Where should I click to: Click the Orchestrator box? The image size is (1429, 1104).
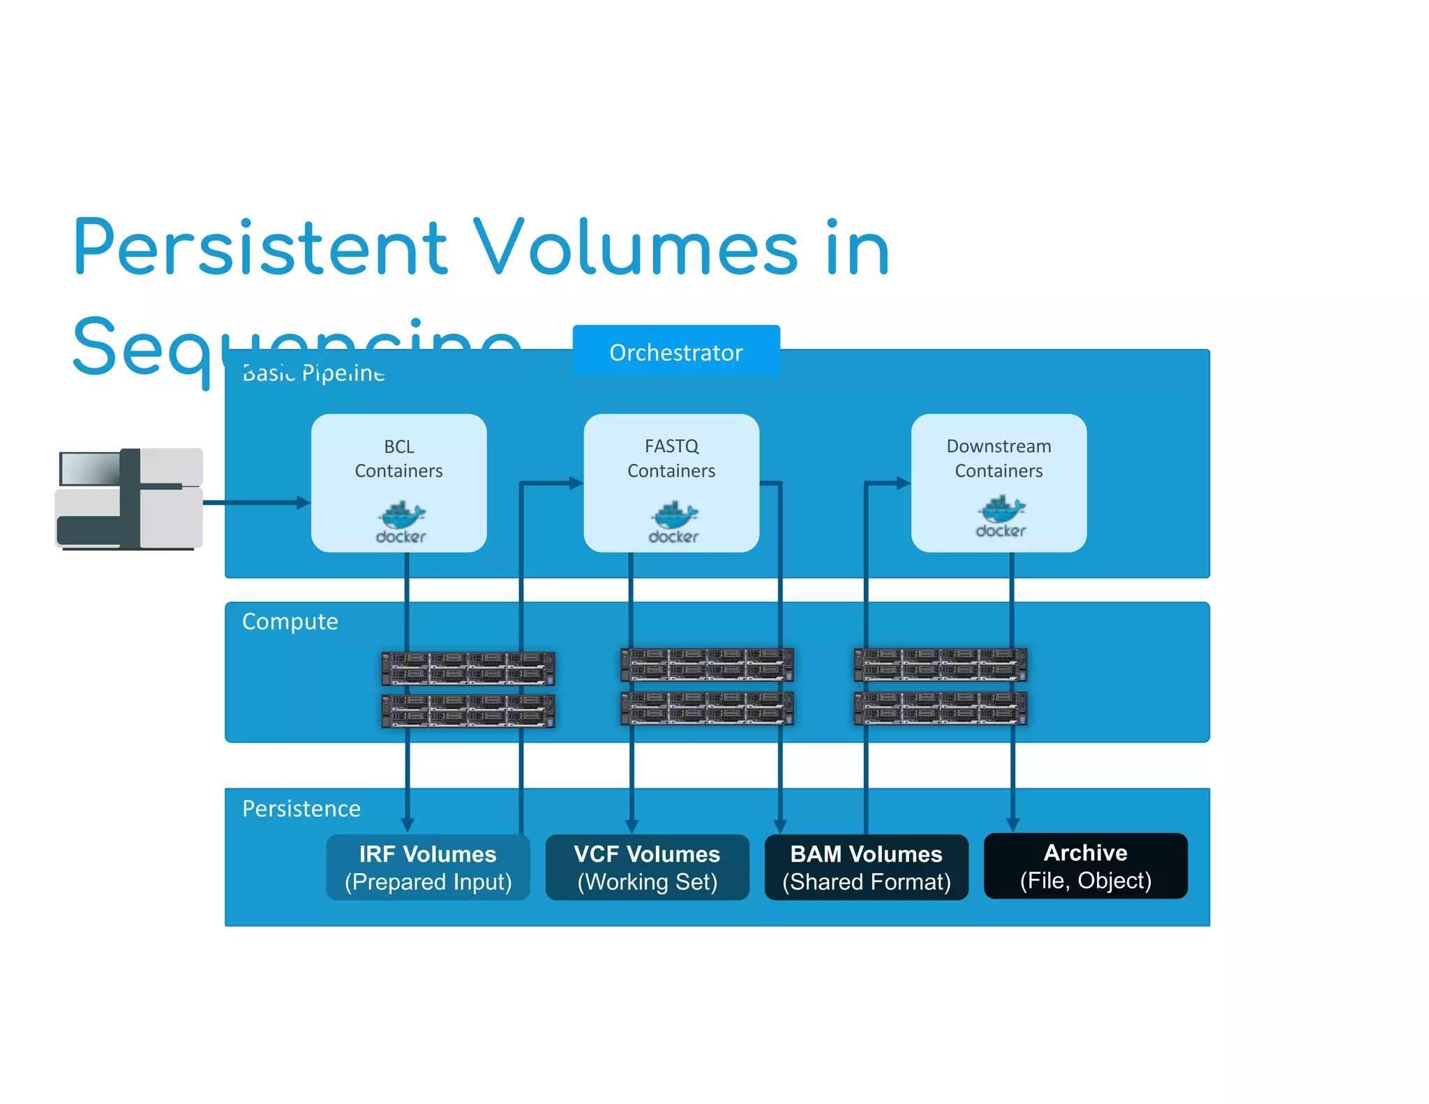[675, 351]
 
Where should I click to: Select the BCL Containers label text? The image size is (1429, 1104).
[398, 458]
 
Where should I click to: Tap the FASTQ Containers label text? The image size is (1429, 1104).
[671, 458]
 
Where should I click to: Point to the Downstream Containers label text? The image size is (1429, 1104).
[998, 458]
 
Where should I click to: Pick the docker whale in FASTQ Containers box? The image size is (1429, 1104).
[674, 516]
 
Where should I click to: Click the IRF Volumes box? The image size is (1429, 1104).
[428, 867]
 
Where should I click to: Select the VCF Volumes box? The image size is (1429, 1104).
[647, 867]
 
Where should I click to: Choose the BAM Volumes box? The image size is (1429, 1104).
[866, 867]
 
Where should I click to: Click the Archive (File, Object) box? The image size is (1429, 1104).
[1085, 865]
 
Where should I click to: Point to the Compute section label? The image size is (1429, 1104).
[290, 621]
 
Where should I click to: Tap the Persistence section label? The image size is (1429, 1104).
[301, 808]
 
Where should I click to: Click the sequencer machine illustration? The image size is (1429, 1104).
[129, 499]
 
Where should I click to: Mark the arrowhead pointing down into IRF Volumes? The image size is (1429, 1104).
[407, 824]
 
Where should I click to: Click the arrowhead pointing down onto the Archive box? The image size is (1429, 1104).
[1012, 824]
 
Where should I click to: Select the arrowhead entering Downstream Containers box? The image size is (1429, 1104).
[904, 483]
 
